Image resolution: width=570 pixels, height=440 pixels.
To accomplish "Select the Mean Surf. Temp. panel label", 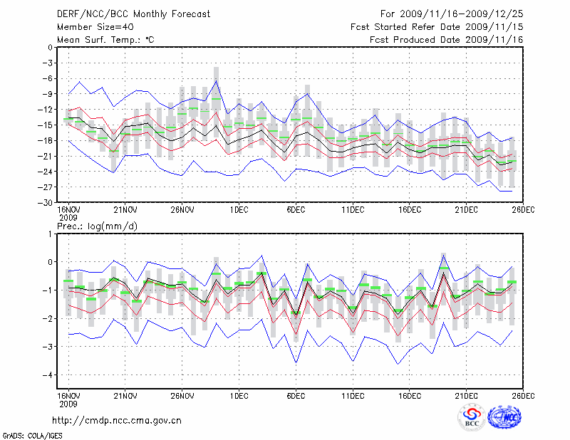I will tap(106, 39).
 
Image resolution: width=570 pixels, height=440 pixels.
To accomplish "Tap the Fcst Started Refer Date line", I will tap(436, 27).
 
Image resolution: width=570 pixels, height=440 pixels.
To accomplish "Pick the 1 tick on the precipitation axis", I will tap(50, 234).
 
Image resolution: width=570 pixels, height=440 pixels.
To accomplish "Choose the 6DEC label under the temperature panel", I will tap(296, 211).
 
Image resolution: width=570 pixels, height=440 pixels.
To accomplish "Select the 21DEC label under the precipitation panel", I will tap(467, 395).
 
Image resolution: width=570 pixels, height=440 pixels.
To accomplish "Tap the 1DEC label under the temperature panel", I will tap(239, 211).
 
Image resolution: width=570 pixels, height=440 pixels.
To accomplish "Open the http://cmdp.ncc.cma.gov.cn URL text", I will tap(118, 420).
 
